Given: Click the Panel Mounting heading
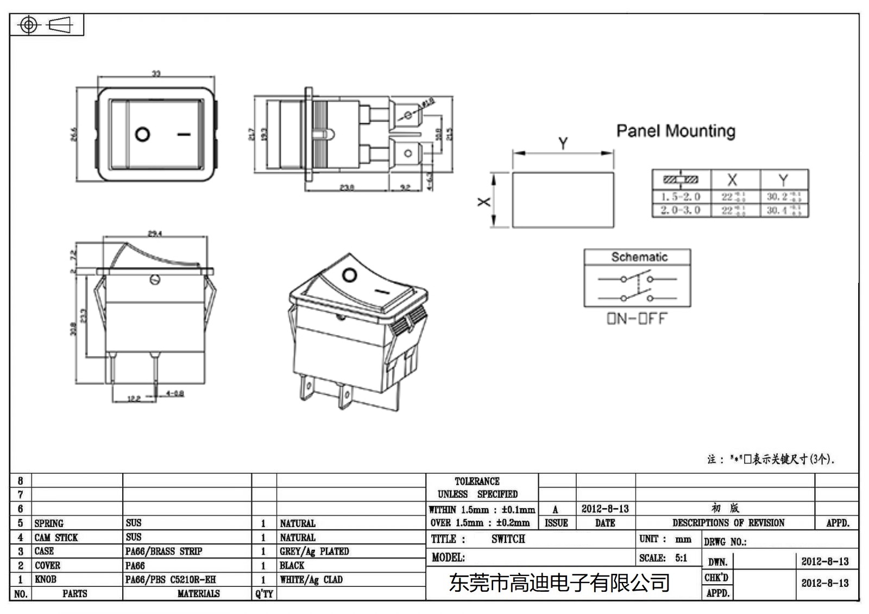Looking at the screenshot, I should (x=676, y=131).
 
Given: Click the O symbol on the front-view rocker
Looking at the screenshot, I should (x=142, y=134).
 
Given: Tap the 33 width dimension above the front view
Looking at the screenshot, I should (x=156, y=74).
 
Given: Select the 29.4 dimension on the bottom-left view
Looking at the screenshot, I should (x=155, y=233).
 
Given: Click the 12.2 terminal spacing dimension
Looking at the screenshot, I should (x=134, y=398).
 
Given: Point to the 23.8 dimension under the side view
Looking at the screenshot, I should (x=347, y=187).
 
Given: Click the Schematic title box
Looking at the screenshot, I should (x=639, y=257).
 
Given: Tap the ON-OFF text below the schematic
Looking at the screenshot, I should (x=637, y=319).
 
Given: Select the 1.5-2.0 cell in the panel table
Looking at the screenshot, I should (x=681, y=197).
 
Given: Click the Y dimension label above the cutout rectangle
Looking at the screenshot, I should (x=563, y=143).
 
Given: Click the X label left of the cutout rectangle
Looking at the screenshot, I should (x=483, y=201).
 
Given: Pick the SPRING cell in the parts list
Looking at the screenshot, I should (x=49, y=523).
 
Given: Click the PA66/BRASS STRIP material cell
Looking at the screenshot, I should (x=163, y=551).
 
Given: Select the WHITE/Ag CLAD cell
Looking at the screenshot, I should (x=311, y=579).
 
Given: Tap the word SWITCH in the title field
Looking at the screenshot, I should (x=508, y=539).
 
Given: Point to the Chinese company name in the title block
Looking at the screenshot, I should (x=559, y=583).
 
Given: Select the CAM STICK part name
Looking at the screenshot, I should (x=56, y=537).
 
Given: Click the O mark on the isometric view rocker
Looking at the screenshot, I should (x=350, y=275).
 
